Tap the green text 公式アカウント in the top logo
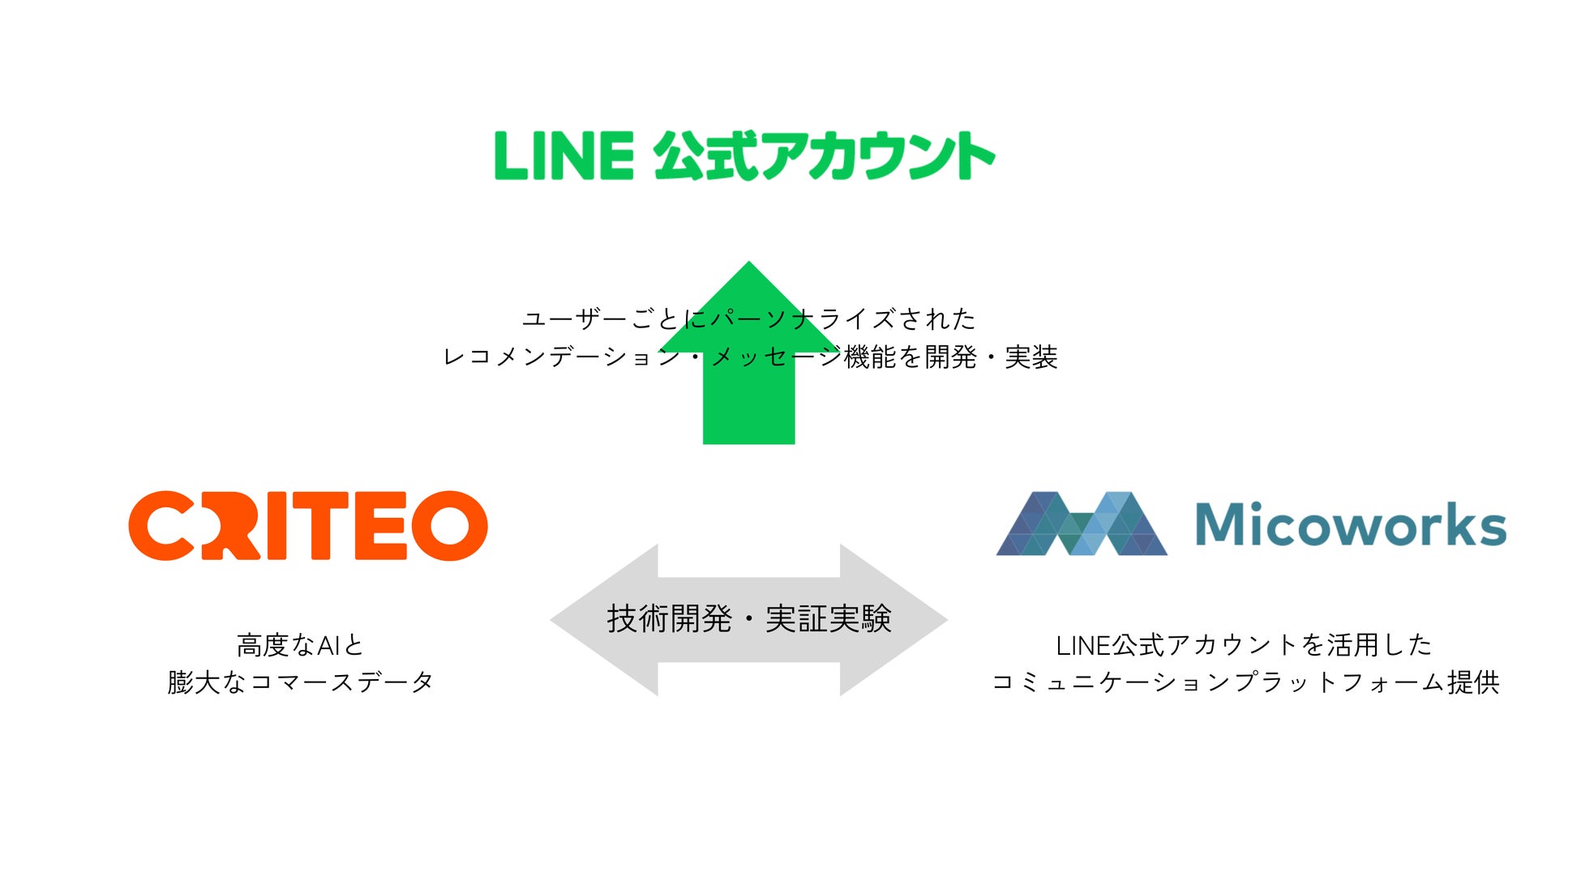tap(824, 156)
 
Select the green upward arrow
tap(748, 405)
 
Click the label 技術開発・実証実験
tap(749, 619)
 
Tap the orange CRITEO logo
tap(308, 525)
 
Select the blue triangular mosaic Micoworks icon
tap(1082, 524)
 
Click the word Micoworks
tap(1350, 524)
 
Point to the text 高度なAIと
tap(300, 645)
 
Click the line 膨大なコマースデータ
tap(300, 682)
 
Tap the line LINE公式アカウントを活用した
tap(1244, 645)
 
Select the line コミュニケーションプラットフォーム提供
tap(1245, 682)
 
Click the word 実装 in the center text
tap(1030, 357)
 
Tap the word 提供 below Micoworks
tap(1473, 682)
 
